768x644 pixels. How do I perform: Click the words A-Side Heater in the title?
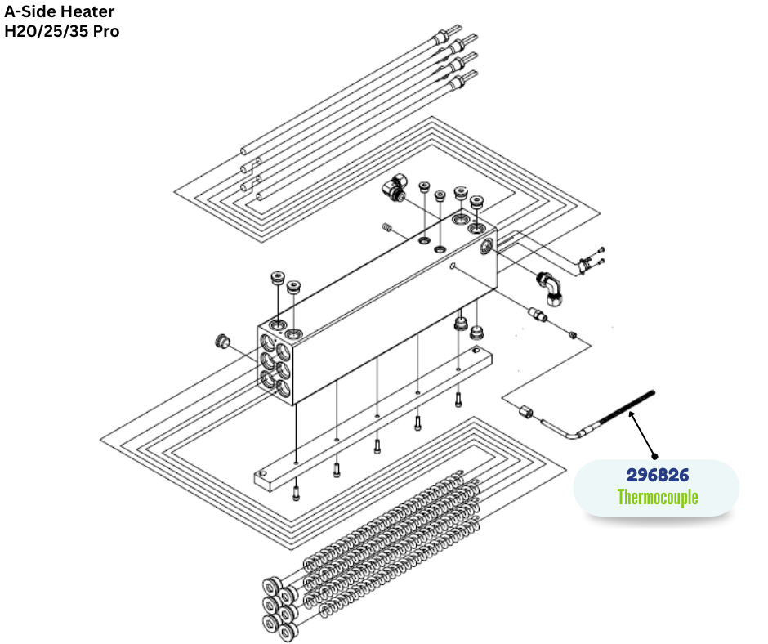(60, 12)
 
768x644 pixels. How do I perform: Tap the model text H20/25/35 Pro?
(62, 32)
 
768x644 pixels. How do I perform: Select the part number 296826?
(657, 475)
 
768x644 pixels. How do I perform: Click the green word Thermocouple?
(657, 496)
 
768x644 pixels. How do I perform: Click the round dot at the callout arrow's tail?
(654, 455)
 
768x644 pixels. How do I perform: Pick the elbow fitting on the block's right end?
(550, 288)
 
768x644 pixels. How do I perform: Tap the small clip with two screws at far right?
(587, 264)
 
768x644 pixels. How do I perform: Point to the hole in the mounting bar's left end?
(262, 473)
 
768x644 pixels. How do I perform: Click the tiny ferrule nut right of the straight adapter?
(574, 334)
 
